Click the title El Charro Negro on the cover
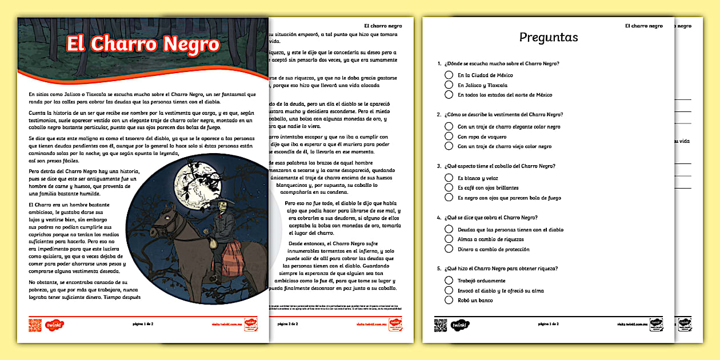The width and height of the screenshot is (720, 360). point(143,44)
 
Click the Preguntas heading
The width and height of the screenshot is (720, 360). point(549,38)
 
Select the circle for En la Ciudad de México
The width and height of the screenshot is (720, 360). point(449,75)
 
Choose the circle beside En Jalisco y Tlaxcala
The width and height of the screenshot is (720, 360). point(449,85)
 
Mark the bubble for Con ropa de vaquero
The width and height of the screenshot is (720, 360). point(449,137)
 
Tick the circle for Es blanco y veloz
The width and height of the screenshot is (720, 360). point(449,178)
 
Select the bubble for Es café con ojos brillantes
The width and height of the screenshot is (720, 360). point(449,187)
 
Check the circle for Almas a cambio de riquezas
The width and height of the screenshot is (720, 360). point(449,239)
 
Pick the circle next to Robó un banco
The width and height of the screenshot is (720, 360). point(449,300)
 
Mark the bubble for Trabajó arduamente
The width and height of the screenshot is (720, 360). point(449,281)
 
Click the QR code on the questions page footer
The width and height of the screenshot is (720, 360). point(440,324)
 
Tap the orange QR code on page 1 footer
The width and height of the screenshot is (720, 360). point(35,325)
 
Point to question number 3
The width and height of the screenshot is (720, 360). point(439,166)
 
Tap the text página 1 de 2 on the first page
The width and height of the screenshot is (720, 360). point(142,324)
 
